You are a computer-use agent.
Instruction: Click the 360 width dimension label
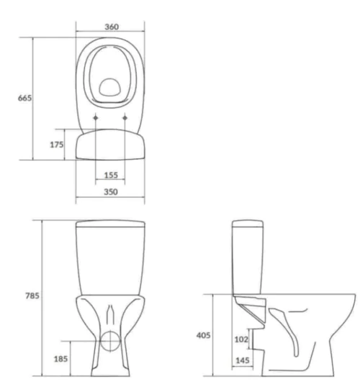click(x=112, y=27)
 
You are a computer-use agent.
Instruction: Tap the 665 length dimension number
click(x=24, y=98)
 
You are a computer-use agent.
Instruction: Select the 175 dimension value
click(x=57, y=145)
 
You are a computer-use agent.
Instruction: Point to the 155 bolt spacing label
click(x=111, y=175)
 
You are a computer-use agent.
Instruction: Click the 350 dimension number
click(x=111, y=192)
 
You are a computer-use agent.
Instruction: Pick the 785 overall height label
click(x=32, y=296)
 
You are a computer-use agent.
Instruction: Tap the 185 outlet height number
click(x=60, y=359)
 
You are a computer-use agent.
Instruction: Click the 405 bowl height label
click(x=203, y=335)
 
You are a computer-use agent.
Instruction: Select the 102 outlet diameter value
click(x=241, y=339)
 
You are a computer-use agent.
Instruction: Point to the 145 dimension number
click(x=243, y=360)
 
